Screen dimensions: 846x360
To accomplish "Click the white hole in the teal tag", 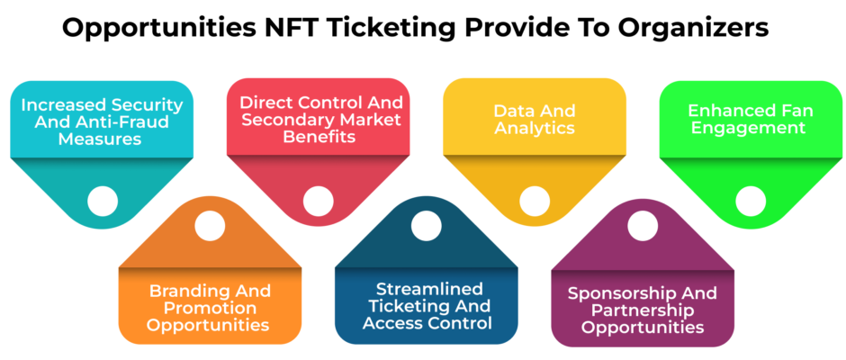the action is click(102, 201).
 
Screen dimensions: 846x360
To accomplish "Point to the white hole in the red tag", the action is click(318, 201).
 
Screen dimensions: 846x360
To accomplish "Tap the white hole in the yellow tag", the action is click(534, 201).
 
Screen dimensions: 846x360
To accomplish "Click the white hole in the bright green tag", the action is click(751, 201).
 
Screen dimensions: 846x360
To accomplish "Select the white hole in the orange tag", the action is click(210, 226).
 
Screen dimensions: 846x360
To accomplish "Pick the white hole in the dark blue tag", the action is click(427, 226).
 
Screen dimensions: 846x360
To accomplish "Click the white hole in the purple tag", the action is click(643, 226).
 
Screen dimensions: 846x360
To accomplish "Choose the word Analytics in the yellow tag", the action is click(535, 129).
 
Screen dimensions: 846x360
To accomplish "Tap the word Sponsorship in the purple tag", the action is click(612, 293).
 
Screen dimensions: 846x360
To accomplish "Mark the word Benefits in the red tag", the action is click(319, 137).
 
